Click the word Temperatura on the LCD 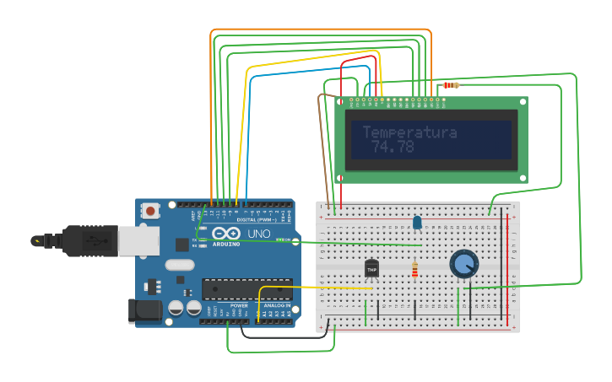[409, 132]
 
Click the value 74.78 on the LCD [393, 147]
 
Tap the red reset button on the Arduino [150, 210]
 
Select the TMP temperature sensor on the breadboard [371, 268]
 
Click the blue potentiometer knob [463, 263]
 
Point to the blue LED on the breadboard [417, 223]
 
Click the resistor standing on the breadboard [414, 270]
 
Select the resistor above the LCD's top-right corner [452, 85]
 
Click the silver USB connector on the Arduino [138, 241]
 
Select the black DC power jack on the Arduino [144, 310]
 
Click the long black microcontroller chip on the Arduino [246, 289]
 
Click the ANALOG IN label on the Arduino [277, 306]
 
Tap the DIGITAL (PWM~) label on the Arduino [257, 219]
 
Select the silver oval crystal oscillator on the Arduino [180, 265]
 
